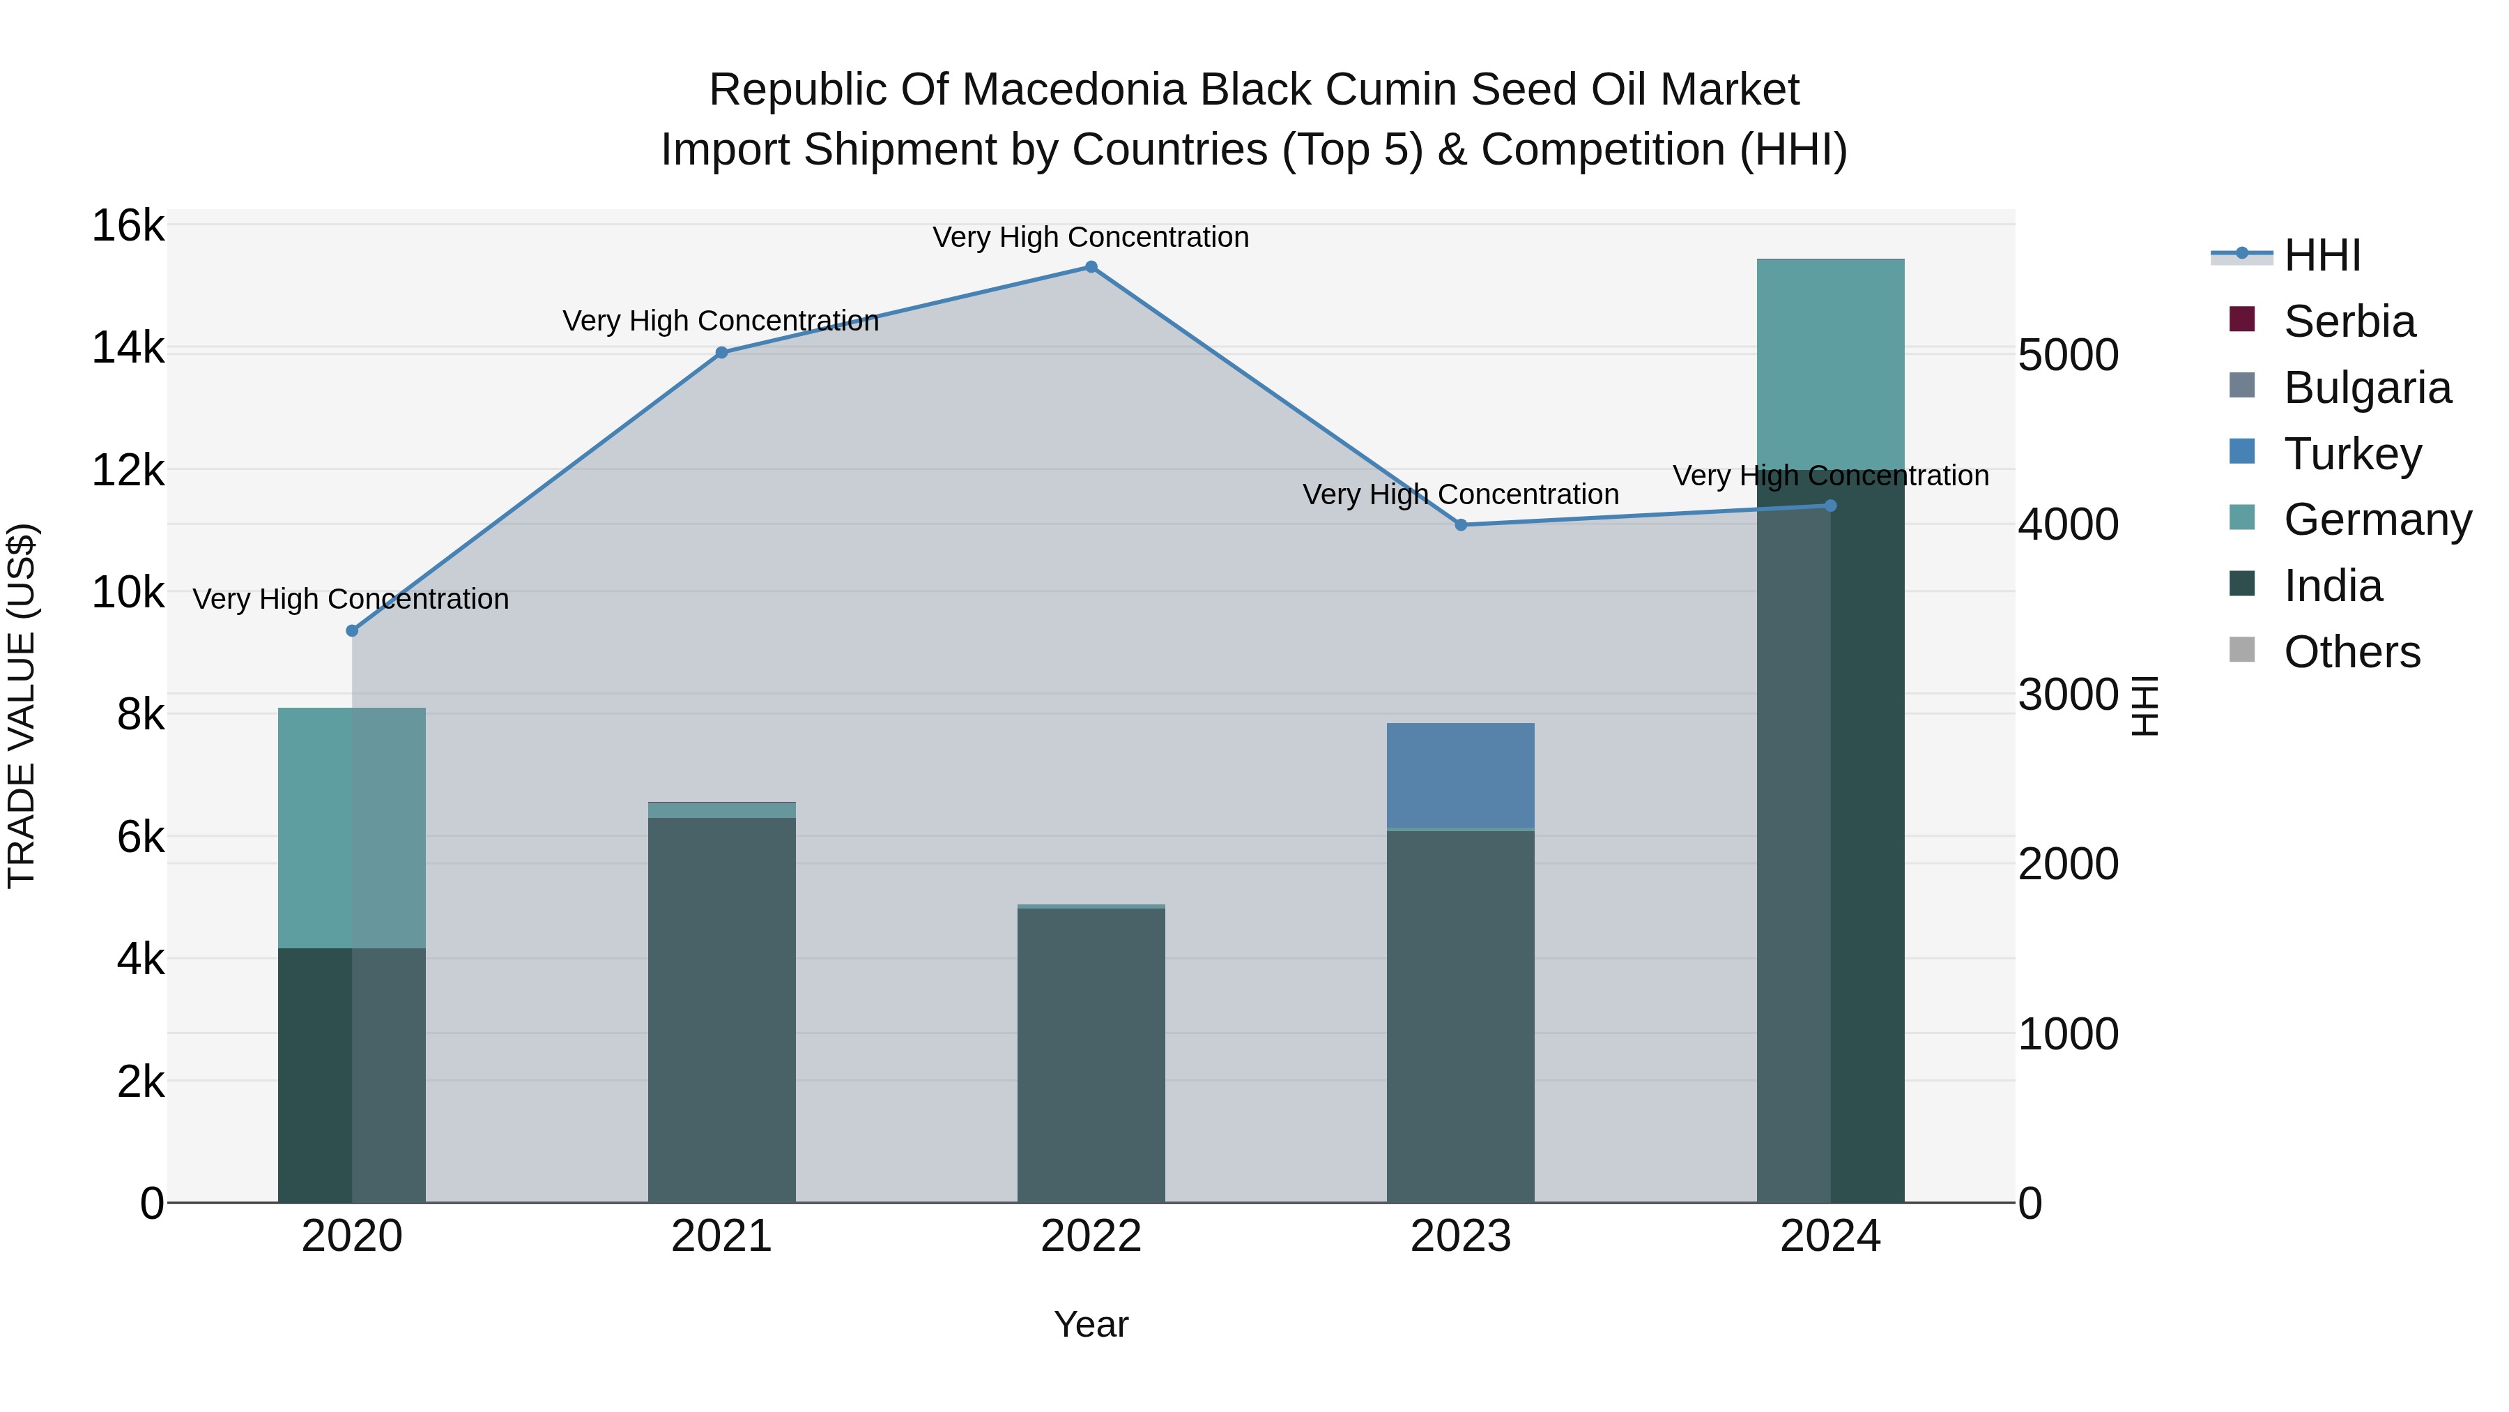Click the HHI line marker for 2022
tap(1091, 267)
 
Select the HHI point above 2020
tap(353, 630)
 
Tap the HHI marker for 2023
tap(1460, 525)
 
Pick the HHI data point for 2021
tap(722, 353)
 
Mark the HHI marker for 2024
tap(1830, 506)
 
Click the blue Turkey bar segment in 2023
tap(1460, 775)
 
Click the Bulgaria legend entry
tap(2366, 388)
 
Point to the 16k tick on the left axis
tap(128, 226)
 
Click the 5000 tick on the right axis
tap(2068, 355)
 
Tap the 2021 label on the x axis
tap(722, 1236)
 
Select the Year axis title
tap(1091, 1324)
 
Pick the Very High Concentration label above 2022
tap(1091, 237)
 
